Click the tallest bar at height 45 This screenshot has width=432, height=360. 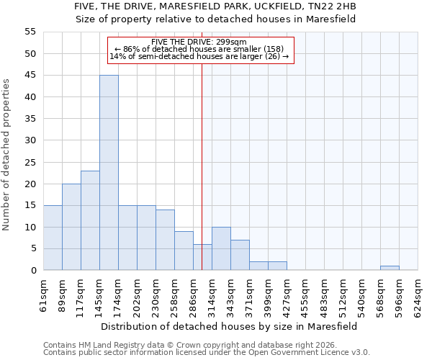click(x=109, y=173)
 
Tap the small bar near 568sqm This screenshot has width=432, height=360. click(x=390, y=268)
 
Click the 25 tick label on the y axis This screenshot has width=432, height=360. click(x=30, y=162)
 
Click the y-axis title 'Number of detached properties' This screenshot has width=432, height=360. click(x=6, y=155)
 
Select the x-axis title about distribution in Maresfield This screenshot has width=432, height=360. click(x=229, y=326)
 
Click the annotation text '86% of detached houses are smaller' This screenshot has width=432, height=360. click(x=199, y=49)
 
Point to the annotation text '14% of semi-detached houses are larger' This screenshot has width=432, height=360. click(x=199, y=56)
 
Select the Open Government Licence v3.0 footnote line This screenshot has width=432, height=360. click(x=207, y=353)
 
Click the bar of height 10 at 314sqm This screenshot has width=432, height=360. click(x=221, y=248)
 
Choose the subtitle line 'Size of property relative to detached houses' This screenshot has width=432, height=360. click(x=216, y=19)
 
